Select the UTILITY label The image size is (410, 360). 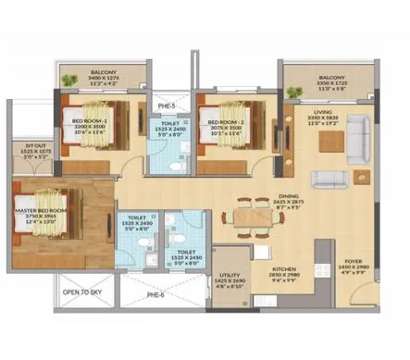229,276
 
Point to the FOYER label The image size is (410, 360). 355,262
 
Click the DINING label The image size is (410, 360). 290,196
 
